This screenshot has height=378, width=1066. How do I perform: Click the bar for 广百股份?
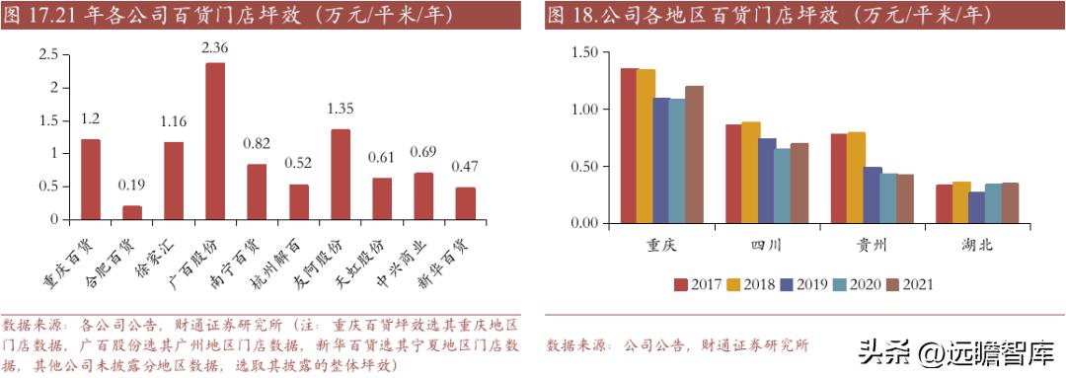215,140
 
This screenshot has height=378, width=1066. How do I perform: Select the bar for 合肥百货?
131,212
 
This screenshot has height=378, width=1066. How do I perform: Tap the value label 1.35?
341,109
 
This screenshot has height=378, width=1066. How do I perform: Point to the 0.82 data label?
257,143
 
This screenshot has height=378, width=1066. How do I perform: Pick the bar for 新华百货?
466,203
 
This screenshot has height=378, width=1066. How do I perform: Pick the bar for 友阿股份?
341,174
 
